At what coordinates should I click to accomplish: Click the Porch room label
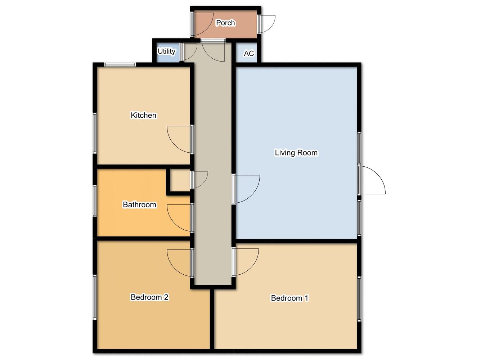pyautogui.click(x=225, y=23)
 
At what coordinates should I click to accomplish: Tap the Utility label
pyautogui.click(x=166, y=51)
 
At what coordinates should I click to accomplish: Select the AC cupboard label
pyautogui.click(x=249, y=53)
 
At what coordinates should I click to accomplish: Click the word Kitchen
pyautogui.click(x=143, y=115)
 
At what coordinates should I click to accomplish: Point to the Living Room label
pyautogui.click(x=296, y=153)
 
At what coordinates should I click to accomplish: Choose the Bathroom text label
pyautogui.click(x=139, y=204)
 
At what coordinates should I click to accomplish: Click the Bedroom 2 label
pyautogui.click(x=149, y=297)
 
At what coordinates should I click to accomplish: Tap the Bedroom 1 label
pyautogui.click(x=290, y=298)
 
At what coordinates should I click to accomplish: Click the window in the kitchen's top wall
pyautogui.click(x=120, y=64)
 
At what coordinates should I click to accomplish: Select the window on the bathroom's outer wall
pyautogui.click(x=95, y=201)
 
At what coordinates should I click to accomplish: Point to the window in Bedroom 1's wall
pyautogui.click(x=359, y=298)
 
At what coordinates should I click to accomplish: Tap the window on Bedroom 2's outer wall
pyautogui.click(x=95, y=297)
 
